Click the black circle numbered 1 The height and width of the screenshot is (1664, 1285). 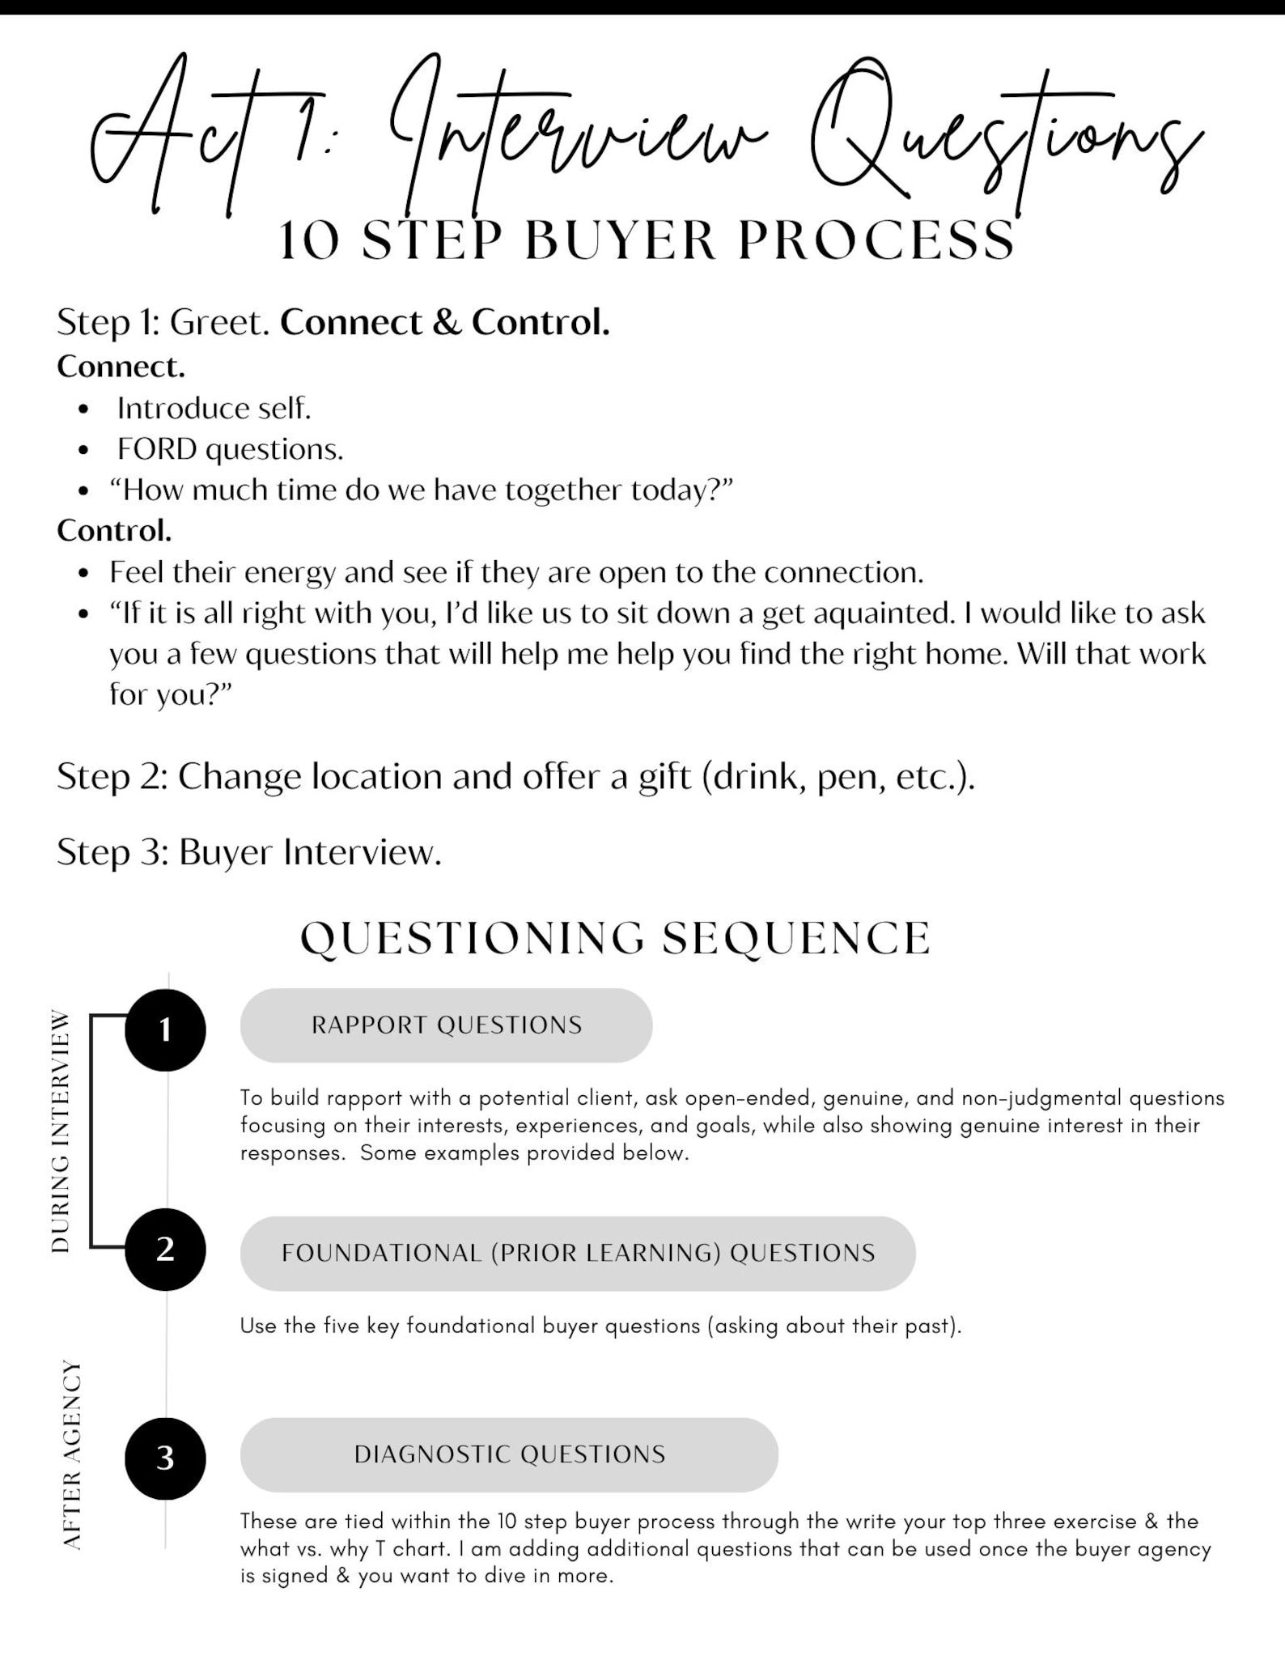tap(165, 1029)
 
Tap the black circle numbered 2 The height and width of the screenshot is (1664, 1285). tap(165, 1248)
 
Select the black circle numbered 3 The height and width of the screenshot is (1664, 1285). tap(165, 1458)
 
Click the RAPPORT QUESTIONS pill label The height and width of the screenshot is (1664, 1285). tap(446, 1025)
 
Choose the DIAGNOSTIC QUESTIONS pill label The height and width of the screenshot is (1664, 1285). tap(509, 1454)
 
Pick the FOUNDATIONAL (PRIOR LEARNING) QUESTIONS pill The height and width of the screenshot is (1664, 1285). tap(578, 1253)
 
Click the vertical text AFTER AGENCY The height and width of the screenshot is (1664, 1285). tap(72, 1454)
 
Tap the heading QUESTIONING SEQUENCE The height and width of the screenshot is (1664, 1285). tap(615, 938)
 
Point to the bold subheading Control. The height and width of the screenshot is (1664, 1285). tap(114, 531)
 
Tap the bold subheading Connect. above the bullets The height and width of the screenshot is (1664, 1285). tap(121, 367)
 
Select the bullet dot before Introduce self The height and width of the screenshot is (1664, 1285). tap(83, 409)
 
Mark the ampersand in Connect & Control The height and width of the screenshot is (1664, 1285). tap(447, 323)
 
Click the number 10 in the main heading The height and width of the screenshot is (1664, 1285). tap(310, 241)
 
